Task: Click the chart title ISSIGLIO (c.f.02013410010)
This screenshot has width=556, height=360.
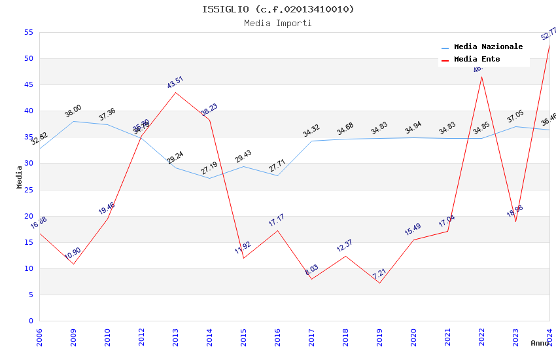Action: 278,9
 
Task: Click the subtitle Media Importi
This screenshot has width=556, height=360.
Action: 278,23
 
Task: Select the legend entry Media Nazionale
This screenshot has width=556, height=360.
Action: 488,47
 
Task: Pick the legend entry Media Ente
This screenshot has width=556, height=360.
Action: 477,60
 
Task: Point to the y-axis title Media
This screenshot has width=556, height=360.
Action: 19,177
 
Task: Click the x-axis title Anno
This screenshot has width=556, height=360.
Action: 540,343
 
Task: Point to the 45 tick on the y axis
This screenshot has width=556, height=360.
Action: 29,85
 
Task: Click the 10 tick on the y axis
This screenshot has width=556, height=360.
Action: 29,268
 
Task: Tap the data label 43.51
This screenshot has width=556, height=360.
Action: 175,82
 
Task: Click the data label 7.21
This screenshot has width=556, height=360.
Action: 379,273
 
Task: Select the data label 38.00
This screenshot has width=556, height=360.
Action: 73,111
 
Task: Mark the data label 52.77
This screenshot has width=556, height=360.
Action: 549,34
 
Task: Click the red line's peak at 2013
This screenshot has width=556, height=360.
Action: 175,92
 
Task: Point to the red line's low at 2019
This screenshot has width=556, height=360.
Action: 379,283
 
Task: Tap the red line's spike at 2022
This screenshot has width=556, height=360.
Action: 481,77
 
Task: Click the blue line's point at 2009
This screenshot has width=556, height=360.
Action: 73,121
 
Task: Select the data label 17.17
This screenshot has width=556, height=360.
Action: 277,221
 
